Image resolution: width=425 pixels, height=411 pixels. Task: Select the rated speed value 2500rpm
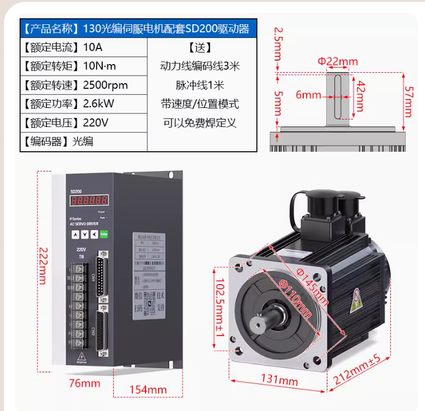(x=105, y=85)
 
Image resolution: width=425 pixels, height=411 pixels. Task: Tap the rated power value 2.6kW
(x=98, y=104)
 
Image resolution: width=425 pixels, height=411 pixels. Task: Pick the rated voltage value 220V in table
(x=96, y=123)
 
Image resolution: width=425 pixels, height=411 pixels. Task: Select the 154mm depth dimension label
(x=148, y=390)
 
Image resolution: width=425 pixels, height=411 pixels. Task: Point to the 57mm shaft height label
(x=408, y=102)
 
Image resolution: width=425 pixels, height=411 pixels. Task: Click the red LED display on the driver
(x=88, y=200)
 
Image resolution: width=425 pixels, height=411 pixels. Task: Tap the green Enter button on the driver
(x=104, y=234)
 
